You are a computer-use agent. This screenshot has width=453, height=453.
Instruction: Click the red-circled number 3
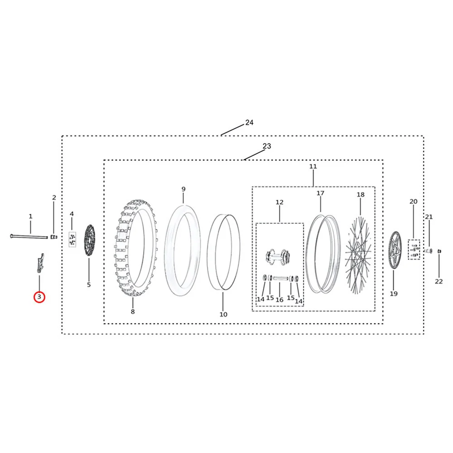pyautogui.click(x=39, y=297)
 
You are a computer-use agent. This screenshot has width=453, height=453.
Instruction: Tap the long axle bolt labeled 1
pyautogui.click(x=29, y=236)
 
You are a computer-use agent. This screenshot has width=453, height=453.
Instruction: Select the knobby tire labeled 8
pyautogui.click(x=136, y=248)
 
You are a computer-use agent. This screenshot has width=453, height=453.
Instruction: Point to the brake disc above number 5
pyautogui.click(x=89, y=240)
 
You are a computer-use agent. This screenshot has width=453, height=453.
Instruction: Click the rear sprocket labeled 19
pyautogui.click(x=395, y=250)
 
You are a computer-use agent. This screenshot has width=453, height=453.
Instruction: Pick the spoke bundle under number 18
pyautogui.click(x=358, y=255)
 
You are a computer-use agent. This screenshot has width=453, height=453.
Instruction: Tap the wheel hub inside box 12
pyautogui.click(x=278, y=255)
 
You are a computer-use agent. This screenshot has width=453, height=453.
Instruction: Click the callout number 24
pyautogui.click(x=249, y=122)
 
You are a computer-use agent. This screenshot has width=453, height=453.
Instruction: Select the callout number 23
pyautogui.click(x=267, y=146)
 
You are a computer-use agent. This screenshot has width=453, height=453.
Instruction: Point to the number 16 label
pyautogui.click(x=280, y=300)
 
